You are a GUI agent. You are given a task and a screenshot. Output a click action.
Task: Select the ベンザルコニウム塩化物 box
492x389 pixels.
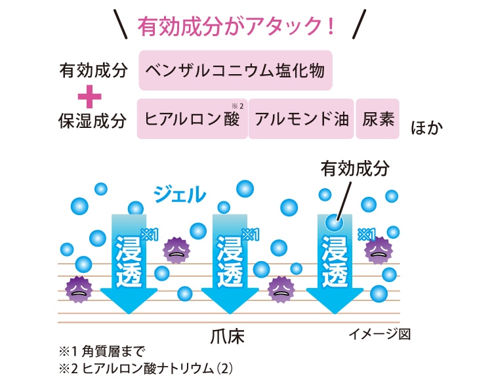[236, 70]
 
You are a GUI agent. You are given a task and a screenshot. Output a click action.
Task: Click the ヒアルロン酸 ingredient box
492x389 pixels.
[192, 119]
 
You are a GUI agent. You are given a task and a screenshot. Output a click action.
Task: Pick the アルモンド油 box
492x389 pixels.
[301, 119]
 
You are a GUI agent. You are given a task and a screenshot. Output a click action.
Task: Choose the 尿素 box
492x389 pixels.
[377, 119]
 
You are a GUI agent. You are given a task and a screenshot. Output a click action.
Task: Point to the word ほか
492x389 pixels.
[426, 126]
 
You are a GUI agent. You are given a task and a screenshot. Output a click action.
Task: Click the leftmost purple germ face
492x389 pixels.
[78, 288]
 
